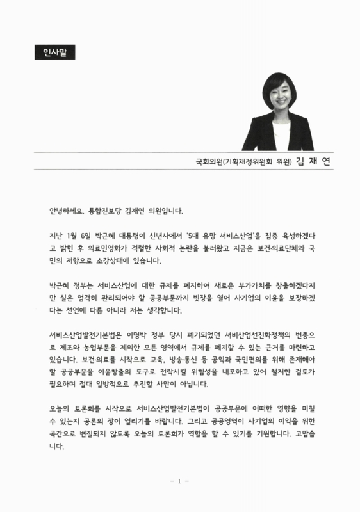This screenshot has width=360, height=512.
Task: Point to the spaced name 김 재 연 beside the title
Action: point(315,161)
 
